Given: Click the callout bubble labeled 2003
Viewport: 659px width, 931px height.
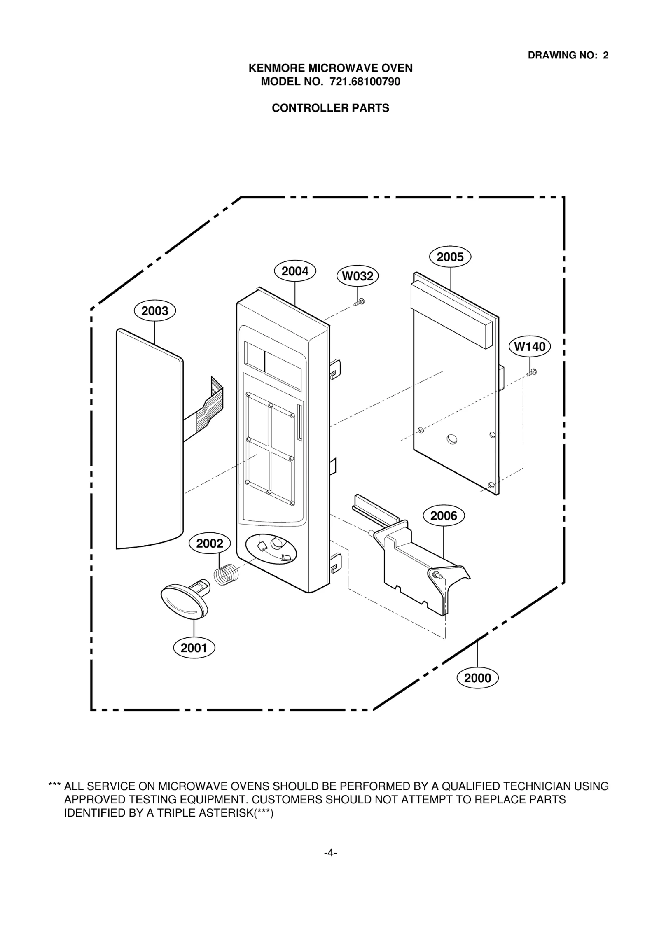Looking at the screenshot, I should point(154,311).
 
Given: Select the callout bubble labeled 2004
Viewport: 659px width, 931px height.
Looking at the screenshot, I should point(295,271).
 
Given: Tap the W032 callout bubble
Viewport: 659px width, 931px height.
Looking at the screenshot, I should point(358,276).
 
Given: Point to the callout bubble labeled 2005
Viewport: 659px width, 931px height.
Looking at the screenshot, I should point(450,257).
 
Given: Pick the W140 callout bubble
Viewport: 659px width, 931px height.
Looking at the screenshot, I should point(530,346).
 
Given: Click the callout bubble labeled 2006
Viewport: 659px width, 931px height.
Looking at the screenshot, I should point(444,516).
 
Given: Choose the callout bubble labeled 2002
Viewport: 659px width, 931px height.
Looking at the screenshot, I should point(209,544).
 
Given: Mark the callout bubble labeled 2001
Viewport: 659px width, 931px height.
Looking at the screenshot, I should point(194,648).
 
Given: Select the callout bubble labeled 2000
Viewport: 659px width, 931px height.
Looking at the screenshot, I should point(477,678).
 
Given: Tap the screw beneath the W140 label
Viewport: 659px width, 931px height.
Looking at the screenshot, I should point(532,372).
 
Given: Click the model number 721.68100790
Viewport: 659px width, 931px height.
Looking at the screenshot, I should point(365,82).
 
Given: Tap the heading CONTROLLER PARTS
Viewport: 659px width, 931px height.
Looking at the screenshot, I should point(330,108).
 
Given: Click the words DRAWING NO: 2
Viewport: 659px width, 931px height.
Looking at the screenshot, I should point(568,55).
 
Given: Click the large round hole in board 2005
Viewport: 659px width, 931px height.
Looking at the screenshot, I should point(451,439).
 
